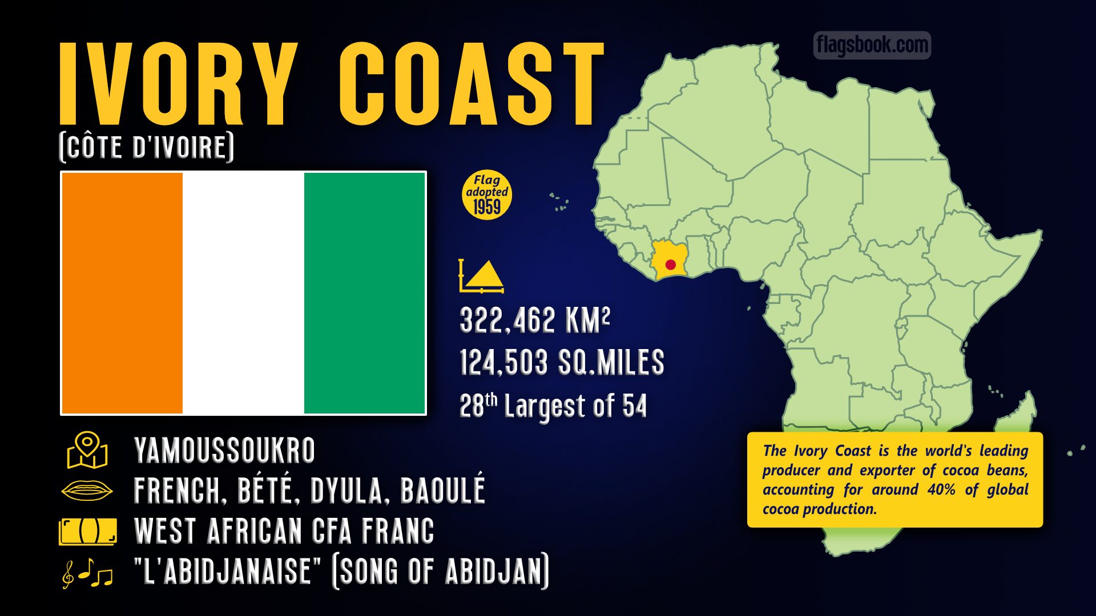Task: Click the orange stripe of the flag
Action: pyautogui.click(x=122, y=293)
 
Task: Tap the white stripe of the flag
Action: pyautogui.click(x=243, y=293)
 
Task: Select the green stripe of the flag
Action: pyautogui.click(x=364, y=293)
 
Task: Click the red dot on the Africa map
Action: pyautogui.click(x=671, y=265)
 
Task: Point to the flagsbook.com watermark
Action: pyautogui.click(x=872, y=45)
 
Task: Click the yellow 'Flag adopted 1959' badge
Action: pyautogui.click(x=486, y=195)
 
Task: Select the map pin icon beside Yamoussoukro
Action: pyautogui.click(x=87, y=450)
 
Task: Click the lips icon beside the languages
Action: pyautogui.click(x=87, y=491)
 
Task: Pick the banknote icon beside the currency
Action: pyautogui.click(x=88, y=532)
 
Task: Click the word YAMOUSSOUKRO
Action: pyautogui.click(x=224, y=451)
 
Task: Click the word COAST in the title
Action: pyautogui.click(x=472, y=84)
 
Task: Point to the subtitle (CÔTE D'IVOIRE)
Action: pyautogui.click(x=147, y=147)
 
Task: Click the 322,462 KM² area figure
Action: pyautogui.click(x=535, y=321)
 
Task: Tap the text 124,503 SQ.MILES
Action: pyautogui.click(x=562, y=363)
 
